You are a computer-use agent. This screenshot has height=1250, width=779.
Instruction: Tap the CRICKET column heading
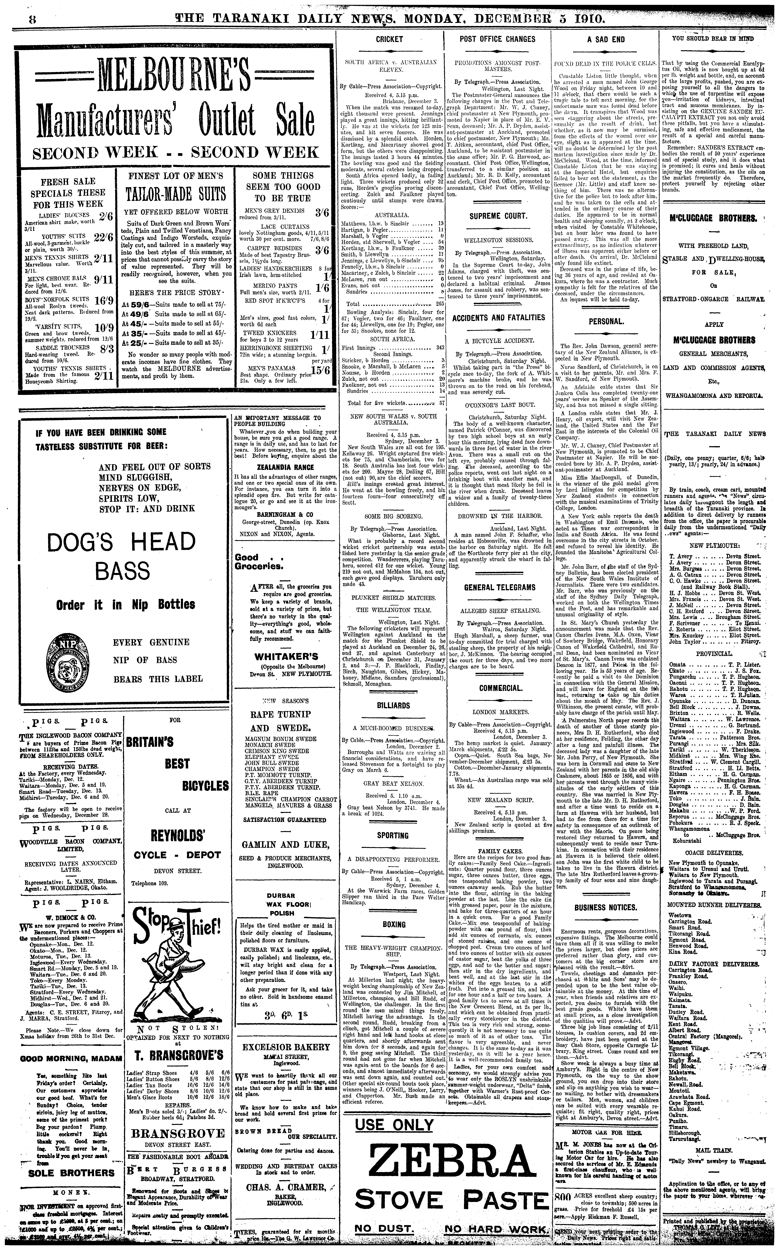389,39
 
